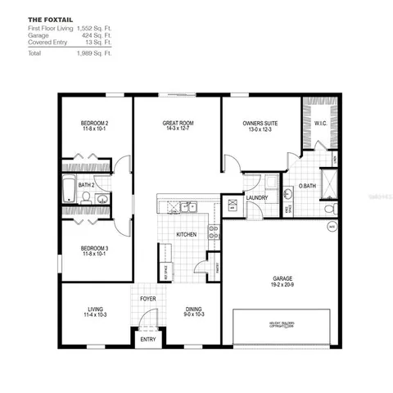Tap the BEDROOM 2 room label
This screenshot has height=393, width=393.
95,123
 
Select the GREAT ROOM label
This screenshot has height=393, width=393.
177,123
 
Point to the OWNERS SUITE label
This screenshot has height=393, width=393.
260,123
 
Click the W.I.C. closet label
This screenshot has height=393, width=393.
320,125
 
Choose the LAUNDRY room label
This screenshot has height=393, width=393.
257,198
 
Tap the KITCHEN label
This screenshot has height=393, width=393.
187,236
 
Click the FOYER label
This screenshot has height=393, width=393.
148,299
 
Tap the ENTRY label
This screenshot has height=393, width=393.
148,339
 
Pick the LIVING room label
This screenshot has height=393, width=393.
95,309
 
